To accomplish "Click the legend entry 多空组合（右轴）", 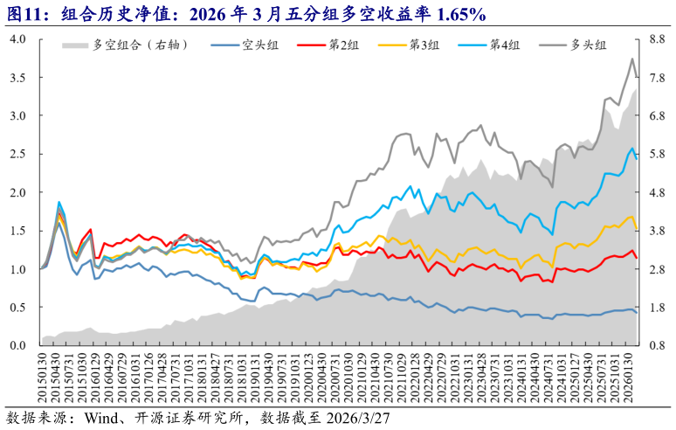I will pos(140,45).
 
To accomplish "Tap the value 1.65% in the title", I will pos(453,12).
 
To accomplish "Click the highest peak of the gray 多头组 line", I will pos(632,59).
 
